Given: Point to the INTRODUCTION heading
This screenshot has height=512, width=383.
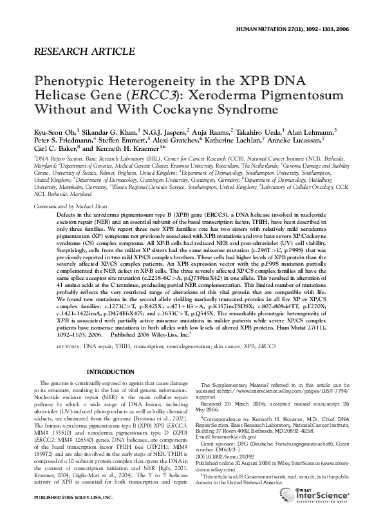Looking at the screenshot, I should pyautogui.click(x=112, y=373).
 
